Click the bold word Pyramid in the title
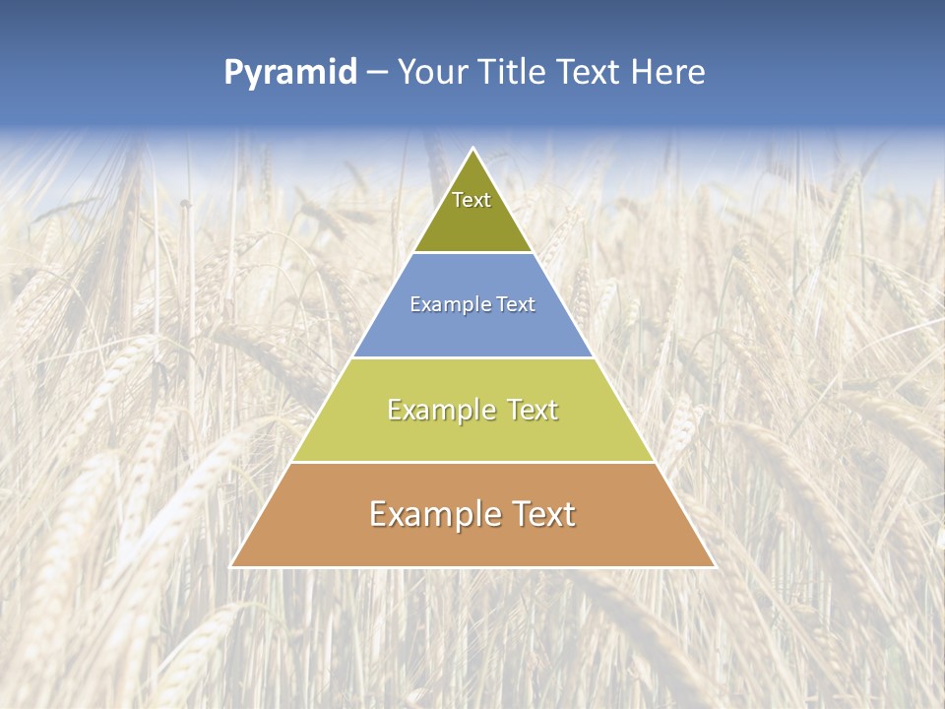click(290, 73)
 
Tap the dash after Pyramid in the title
click(377, 73)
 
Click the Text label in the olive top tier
click(472, 200)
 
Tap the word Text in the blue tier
click(517, 305)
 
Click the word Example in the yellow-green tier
click(440, 410)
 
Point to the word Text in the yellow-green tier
click(529, 410)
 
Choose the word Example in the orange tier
click(431, 514)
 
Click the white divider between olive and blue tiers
click(473, 253)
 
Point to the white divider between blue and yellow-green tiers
click(473, 357)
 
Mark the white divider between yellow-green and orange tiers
click(473, 462)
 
